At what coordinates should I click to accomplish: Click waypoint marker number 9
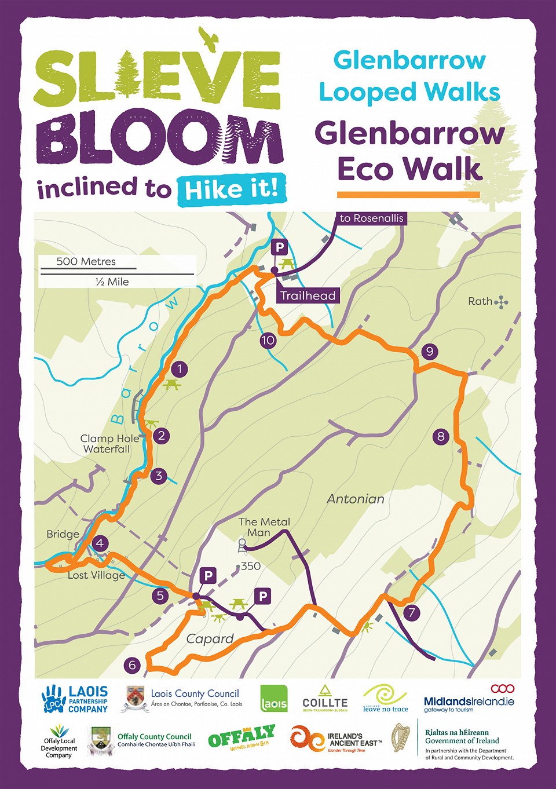coord(429,351)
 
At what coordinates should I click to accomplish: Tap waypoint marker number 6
coord(132,665)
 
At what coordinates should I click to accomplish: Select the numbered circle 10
coord(268,341)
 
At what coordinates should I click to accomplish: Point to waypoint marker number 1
coord(180,369)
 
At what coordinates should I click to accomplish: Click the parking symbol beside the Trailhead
coord(280,248)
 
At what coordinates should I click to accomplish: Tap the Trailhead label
coord(308,295)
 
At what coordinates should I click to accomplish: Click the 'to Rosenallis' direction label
coord(371,218)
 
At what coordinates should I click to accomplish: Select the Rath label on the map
coord(480,301)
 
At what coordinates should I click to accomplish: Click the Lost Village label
coord(96,575)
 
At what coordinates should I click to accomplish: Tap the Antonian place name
coord(355,499)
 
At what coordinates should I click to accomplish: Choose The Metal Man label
coord(264,527)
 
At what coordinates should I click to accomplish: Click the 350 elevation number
coord(250,566)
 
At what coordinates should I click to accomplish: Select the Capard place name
coord(210,639)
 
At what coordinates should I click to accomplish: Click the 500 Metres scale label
coord(86,261)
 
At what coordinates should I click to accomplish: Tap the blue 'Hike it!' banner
coord(232,189)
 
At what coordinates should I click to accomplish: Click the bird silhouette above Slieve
coord(209,38)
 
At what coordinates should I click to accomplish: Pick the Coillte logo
coord(325,697)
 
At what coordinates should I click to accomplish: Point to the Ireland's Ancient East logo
coord(336,739)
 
